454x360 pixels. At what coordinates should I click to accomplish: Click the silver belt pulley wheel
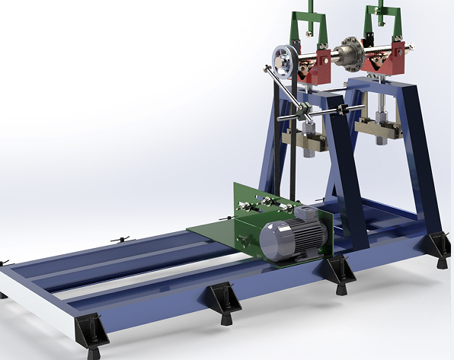click(283, 60)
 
